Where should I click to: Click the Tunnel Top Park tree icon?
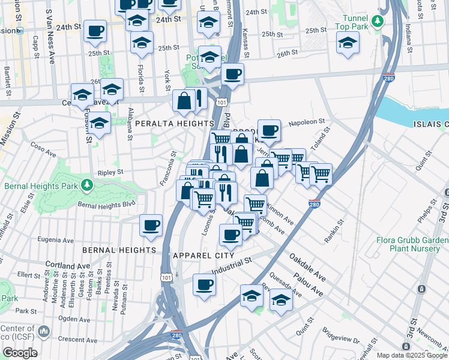(377, 22)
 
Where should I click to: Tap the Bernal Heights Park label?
(41, 185)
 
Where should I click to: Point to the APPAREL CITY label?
(203, 255)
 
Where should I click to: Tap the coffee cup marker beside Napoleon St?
(270, 130)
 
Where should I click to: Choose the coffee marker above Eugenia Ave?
(151, 225)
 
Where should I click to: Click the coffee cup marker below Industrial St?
(204, 284)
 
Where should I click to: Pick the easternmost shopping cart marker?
(321, 173)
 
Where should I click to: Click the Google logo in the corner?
(20, 352)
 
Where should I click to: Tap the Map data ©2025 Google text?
(412, 355)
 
